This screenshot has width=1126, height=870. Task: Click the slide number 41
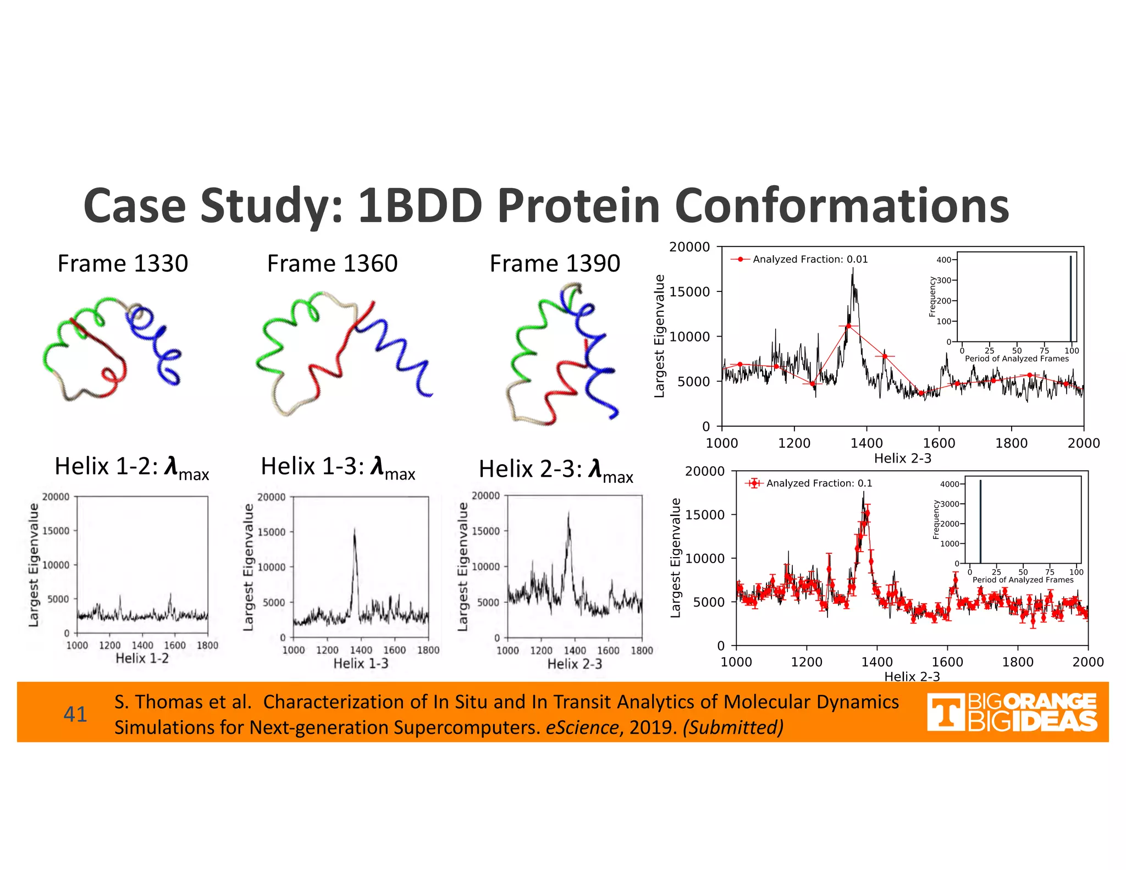pos(75,714)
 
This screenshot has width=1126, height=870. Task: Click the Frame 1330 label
pos(123,263)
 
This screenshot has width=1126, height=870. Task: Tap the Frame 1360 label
pos(332,263)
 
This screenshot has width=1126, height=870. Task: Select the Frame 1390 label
pos(555,263)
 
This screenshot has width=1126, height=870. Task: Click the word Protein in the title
pos(578,206)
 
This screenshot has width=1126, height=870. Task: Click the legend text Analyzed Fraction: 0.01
pos(810,259)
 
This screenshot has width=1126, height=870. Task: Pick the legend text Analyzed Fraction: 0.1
pos(819,483)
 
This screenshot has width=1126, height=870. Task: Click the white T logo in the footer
pos(945,713)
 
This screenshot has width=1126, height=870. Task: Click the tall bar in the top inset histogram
pos(1070,300)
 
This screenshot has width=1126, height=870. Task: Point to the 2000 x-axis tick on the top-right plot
pos(1083,443)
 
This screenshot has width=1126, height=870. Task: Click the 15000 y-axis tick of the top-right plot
pos(689,291)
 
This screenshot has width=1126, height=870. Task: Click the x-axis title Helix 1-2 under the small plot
pos(142,658)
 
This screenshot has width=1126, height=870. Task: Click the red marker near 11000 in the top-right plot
pos(848,326)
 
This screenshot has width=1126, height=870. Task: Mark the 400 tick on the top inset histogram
pos(943,260)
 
